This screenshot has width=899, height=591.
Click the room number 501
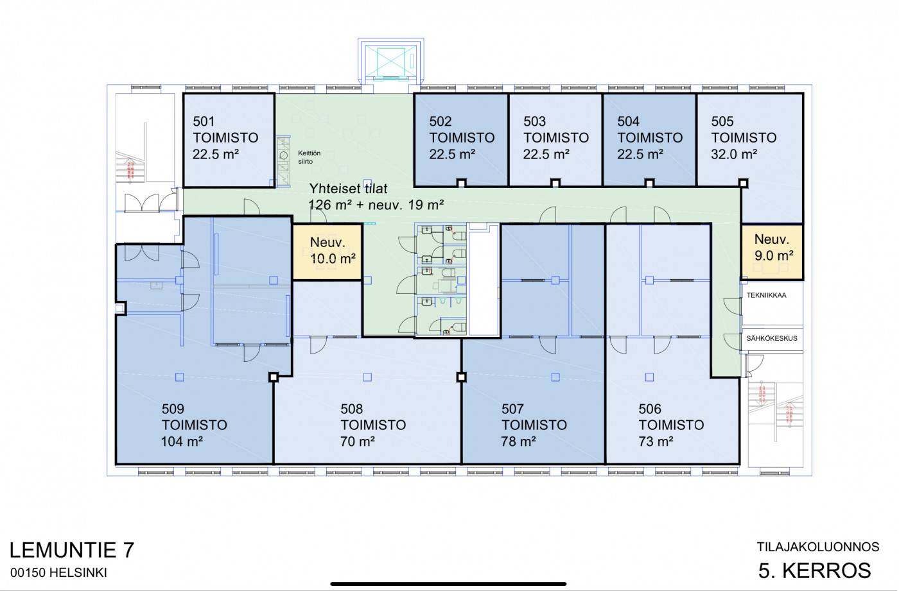pos(204,121)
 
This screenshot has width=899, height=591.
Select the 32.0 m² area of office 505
pos(734,154)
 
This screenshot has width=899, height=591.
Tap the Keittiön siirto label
pos(309,157)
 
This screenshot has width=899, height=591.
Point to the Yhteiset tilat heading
pos(348,189)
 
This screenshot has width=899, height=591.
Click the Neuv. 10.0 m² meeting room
pos(327,252)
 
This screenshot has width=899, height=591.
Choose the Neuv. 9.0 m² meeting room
pos(772,252)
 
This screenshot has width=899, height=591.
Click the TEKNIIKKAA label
pos(766,295)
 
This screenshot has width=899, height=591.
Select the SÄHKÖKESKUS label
pos(771,338)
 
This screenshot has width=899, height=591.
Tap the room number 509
pos(173,409)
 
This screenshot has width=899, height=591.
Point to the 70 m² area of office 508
pos(357,441)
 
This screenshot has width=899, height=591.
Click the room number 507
pos(512,409)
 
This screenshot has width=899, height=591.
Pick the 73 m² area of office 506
pos(656,441)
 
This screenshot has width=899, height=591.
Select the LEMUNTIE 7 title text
pos(71,550)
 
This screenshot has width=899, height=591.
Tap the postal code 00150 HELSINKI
pos(58,573)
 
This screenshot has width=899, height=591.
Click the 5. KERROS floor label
pos(814,570)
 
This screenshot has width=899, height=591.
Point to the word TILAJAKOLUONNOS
pos(817,547)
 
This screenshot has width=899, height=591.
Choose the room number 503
pos(534,121)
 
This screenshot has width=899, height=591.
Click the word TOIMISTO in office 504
pos(650,137)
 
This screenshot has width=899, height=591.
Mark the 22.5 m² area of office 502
pos(452,154)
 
